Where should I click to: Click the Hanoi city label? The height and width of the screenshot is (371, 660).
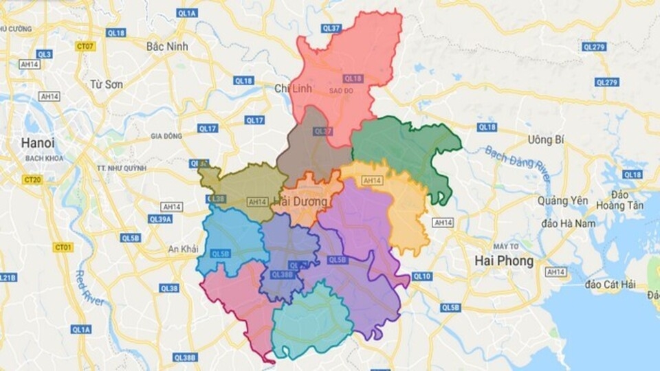pos(38,143)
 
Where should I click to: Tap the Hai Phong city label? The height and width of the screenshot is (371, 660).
pos(504,261)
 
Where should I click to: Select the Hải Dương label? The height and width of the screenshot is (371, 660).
pos(300,202)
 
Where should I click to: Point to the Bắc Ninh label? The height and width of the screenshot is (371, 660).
pos(167,46)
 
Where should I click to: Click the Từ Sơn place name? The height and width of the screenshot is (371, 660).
pos(106,84)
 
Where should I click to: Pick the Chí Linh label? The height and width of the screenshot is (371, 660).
pos(293,89)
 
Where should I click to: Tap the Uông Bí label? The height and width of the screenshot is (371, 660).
pos(546,139)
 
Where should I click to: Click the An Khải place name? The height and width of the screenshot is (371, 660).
pos(184,249)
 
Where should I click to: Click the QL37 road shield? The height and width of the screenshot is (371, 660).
pos(331,28)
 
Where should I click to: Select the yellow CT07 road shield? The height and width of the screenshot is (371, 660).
pos(85,46)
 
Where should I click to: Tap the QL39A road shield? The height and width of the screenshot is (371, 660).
pos(160,218)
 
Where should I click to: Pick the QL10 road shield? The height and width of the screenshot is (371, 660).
pos(422,276)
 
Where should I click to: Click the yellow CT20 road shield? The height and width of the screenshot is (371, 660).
pos(32,180)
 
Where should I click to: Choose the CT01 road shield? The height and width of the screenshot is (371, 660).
pos(63,247)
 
